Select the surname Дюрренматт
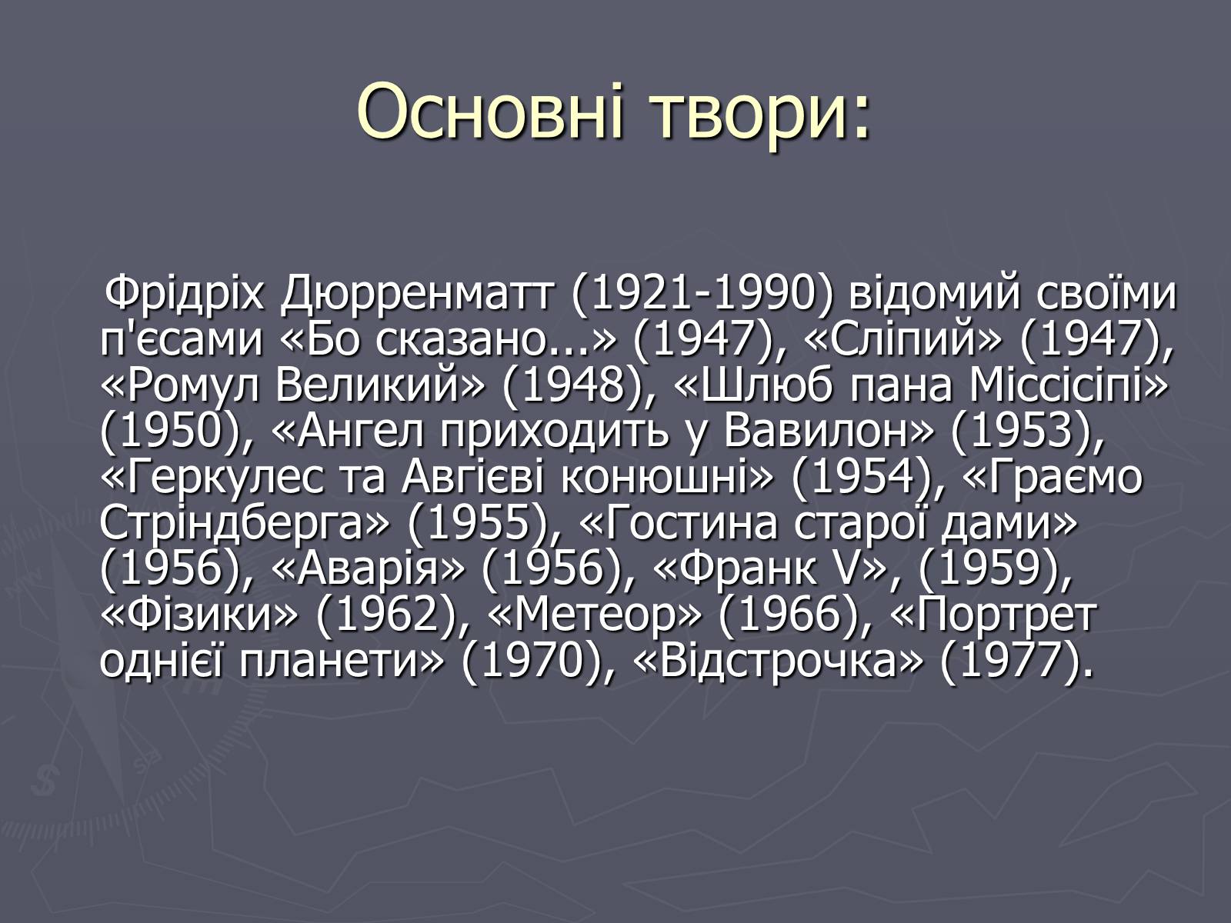(x=417, y=295)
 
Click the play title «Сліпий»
(x=902, y=341)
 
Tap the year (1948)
(x=572, y=387)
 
